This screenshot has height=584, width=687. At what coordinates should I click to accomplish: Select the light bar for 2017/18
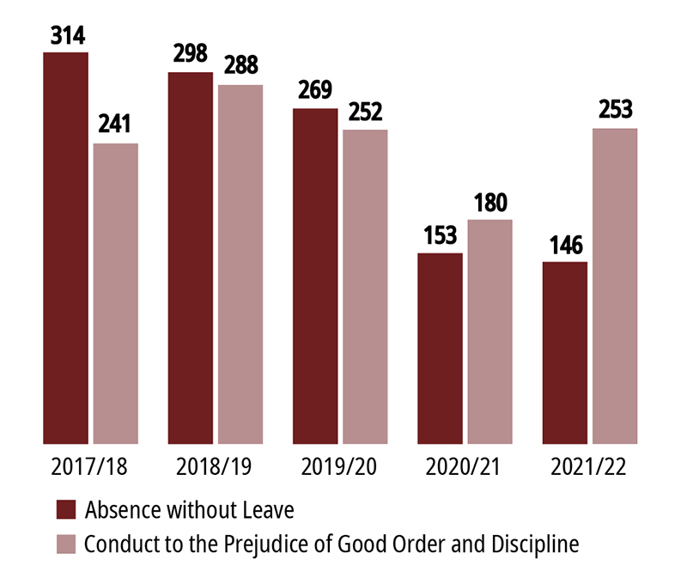click(x=115, y=292)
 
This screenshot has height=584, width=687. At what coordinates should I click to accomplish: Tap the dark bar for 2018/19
click(x=191, y=257)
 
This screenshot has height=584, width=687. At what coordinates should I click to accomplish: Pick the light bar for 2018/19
click(x=240, y=263)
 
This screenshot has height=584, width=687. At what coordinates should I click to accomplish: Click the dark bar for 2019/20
click(x=315, y=275)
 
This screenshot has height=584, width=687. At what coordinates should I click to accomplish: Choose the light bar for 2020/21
click(x=489, y=331)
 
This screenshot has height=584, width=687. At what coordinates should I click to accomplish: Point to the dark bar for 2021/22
click(x=565, y=352)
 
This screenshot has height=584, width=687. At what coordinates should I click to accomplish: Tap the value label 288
click(x=240, y=66)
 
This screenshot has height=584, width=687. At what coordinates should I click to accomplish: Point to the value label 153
click(x=440, y=234)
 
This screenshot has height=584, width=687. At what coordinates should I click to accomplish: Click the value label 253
click(x=615, y=110)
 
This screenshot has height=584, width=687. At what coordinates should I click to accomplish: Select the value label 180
click(x=489, y=202)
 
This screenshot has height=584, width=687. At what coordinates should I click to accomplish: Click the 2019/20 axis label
click(x=339, y=468)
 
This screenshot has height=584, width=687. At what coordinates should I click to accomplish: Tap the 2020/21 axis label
click(x=464, y=468)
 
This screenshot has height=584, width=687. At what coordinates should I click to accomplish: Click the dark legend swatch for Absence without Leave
click(x=66, y=509)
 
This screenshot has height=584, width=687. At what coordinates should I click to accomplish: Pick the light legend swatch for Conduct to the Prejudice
click(x=66, y=544)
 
